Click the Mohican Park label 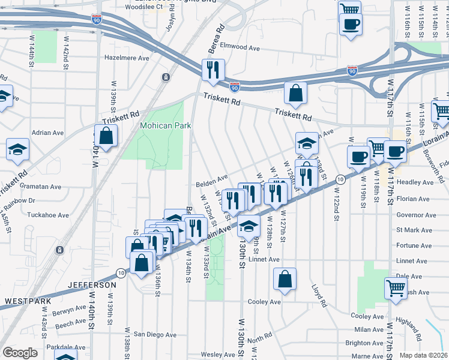pyautogui.click(x=165, y=125)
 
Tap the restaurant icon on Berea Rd pyautogui.click(x=213, y=71)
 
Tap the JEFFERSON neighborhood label pyautogui.click(x=92, y=285)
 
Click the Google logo pyautogui.click(x=20, y=353)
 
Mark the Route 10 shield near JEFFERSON pyautogui.click(x=121, y=272)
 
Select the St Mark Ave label pyautogui.click(x=414, y=230)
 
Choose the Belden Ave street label pyautogui.click(x=211, y=178)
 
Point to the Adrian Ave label pyautogui.click(x=48, y=133)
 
